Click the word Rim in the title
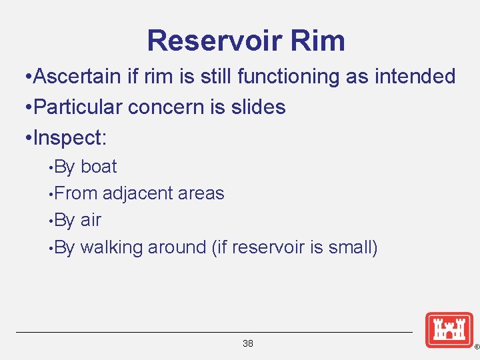(318, 41)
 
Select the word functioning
(271, 77)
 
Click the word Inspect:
(69, 138)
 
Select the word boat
(99, 167)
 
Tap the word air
(91, 221)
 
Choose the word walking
(111, 248)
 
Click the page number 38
(248, 344)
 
